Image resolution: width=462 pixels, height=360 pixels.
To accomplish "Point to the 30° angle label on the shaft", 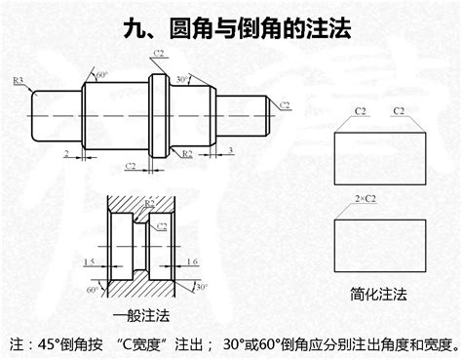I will coord(181,78).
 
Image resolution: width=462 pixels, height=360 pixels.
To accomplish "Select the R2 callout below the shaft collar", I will coord(187,153).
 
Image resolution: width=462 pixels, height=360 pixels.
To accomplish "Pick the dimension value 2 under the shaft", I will coord(64,153).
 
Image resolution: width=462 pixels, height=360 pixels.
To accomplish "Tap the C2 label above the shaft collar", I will coord(160,53).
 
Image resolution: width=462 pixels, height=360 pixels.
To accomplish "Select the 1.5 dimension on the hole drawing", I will coord(89,260).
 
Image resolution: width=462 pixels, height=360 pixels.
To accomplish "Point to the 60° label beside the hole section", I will coord(92,290).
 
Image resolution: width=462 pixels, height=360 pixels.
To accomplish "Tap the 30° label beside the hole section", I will coord(201,287).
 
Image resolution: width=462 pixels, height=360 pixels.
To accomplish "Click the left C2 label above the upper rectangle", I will coord(357,111).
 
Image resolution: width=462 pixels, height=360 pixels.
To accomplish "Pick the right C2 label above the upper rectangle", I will coord(399,111).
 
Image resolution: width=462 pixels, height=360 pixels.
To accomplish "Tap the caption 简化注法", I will coord(378,293).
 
